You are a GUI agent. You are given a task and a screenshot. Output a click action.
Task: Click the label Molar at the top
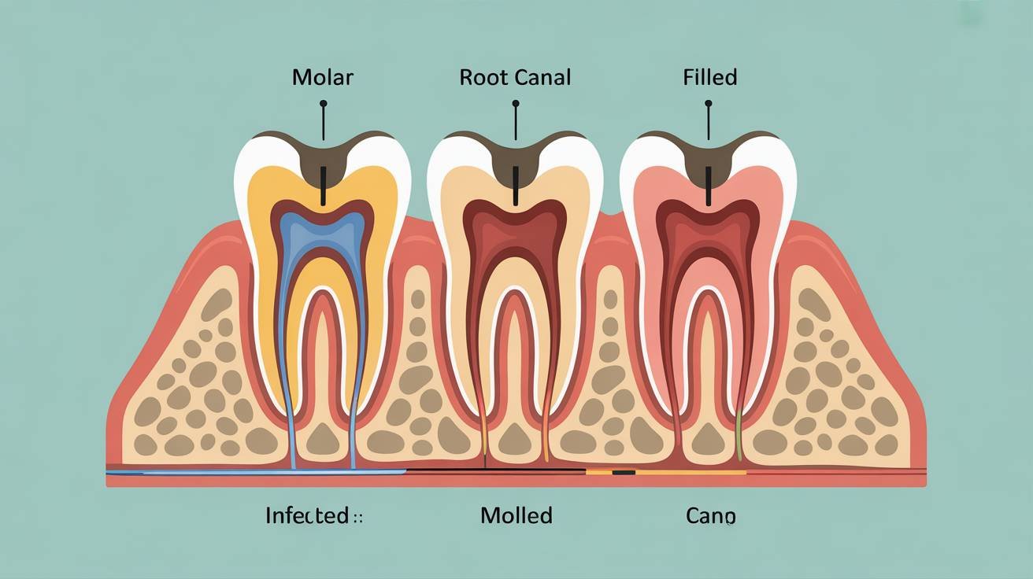pyautogui.click(x=323, y=78)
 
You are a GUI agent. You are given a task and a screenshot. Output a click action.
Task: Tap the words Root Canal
pyautogui.click(x=515, y=78)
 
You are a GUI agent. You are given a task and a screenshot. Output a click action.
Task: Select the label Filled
pyautogui.click(x=710, y=78)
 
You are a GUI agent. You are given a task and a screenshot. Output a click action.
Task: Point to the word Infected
pyautogui.click(x=307, y=516)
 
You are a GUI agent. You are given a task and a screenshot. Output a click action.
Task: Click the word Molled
pyautogui.click(x=516, y=516)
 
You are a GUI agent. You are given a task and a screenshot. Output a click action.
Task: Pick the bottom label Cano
pyautogui.click(x=710, y=516)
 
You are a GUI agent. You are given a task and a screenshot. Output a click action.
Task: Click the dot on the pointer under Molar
pyautogui.click(x=323, y=103)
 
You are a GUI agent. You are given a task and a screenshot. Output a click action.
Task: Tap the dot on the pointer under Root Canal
pyautogui.click(x=516, y=103)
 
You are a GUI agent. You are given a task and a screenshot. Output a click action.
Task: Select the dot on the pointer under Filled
pyautogui.click(x=709, y=103)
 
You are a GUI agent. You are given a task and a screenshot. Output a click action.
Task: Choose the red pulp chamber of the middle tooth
pyautogui.click(x=516, y=228)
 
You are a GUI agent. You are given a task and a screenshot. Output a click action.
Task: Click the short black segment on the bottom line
pyautogui.click(x=624, y=473)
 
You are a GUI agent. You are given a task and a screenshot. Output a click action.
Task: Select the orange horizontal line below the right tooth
pyautogui.click(x=693, y=473)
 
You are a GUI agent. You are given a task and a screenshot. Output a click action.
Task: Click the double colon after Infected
pyautogui.click(x=359, y=518)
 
